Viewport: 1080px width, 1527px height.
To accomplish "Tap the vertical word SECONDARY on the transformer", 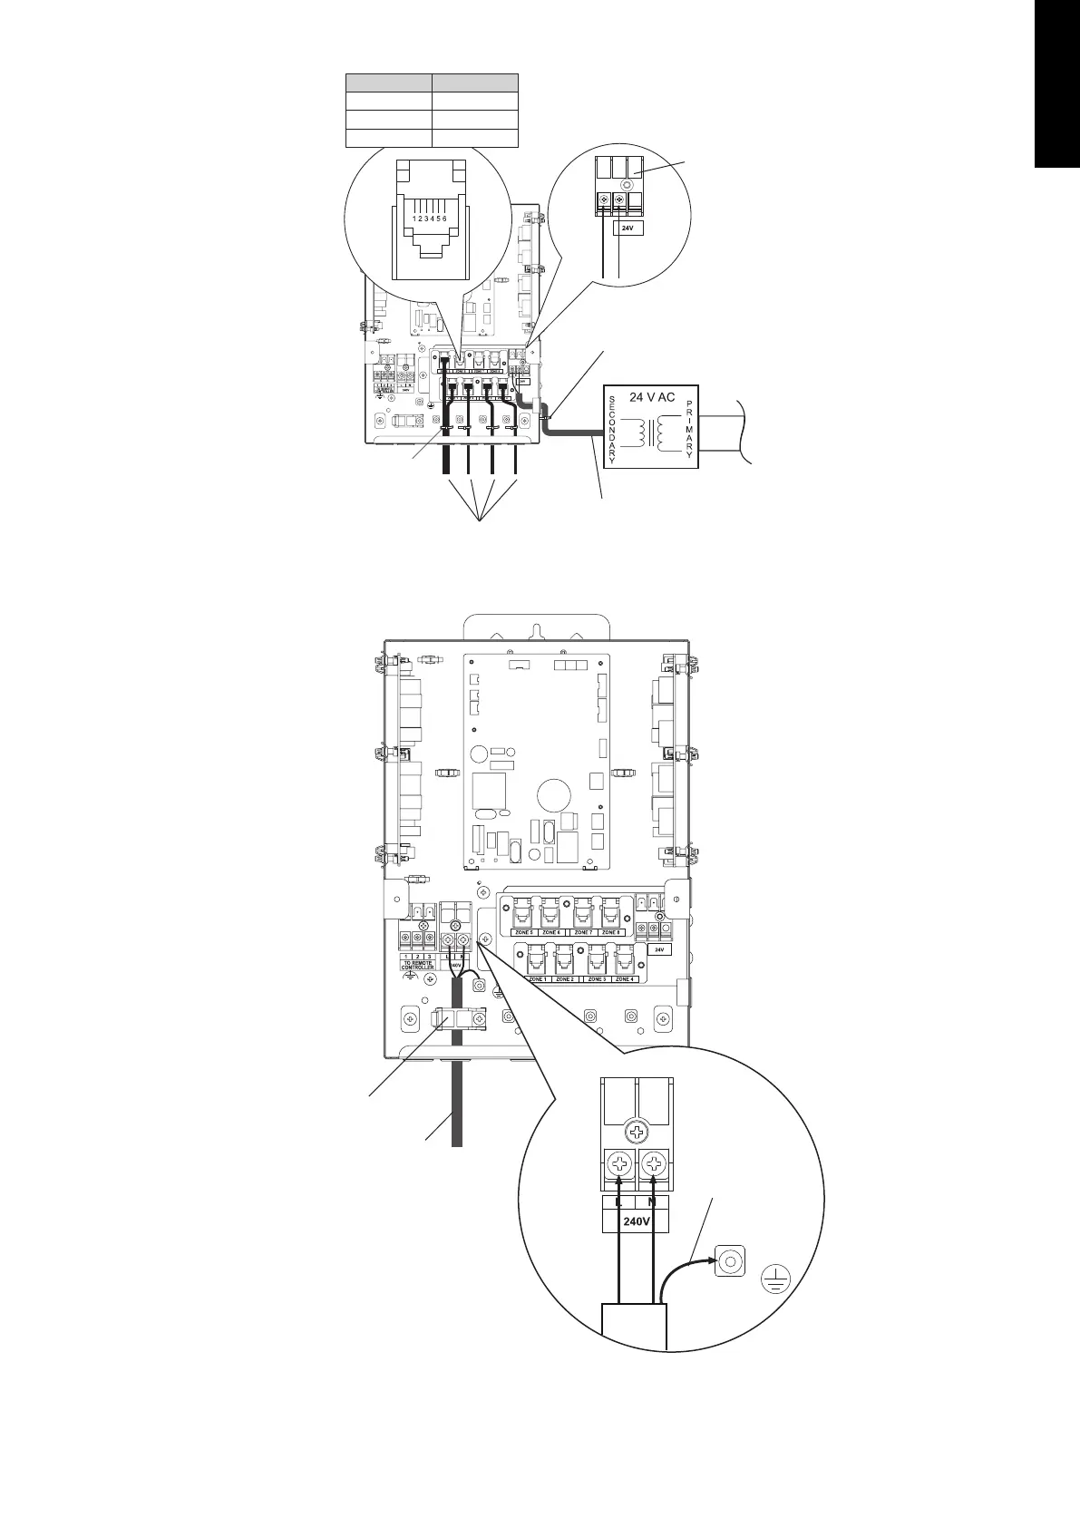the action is pyautogui.click(x=613, y=430).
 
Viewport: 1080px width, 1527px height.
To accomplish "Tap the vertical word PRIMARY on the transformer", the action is pyautogui.click(x=690, y=430).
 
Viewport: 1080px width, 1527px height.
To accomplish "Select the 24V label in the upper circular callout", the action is pyautogui.click(x=631, y=229).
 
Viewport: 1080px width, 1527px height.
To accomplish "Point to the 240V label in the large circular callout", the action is pyautogui.click(x=637, y=1221).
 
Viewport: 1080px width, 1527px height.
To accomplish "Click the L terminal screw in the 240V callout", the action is pyautogui.click(x=619, y=1162).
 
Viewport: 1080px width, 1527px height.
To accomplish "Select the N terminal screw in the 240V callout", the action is pyautogui.click(x=653, y=1162).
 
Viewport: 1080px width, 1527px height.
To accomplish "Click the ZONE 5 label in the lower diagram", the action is pyautogui.click(x=523, y=932).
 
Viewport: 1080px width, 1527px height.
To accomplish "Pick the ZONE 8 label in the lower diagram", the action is pyautogui.click(x=611, y=932).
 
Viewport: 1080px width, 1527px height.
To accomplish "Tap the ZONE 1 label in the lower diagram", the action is pyautogui.click(x=537, y=979).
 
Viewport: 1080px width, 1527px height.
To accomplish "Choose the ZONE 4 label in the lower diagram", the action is pyautogui.click(x=625, y=979).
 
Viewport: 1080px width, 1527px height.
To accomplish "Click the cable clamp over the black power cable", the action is pyautogui.click(x=458, y=1019).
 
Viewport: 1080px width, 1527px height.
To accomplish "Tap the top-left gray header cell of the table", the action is pyautogui.click(x=388, y=82).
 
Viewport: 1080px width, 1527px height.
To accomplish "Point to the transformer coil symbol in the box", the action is pyautogui.click(x=651, y=430).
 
